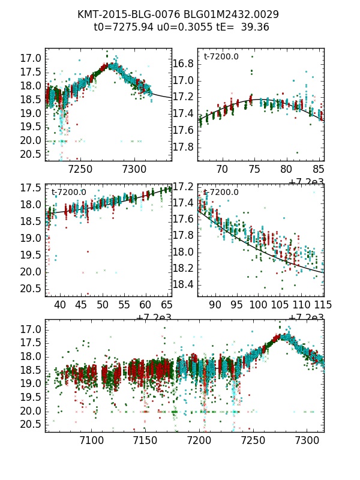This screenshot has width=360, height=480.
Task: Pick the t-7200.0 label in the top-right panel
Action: click(x=221, y=57)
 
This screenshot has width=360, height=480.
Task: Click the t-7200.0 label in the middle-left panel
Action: click(x=69, y=193)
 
